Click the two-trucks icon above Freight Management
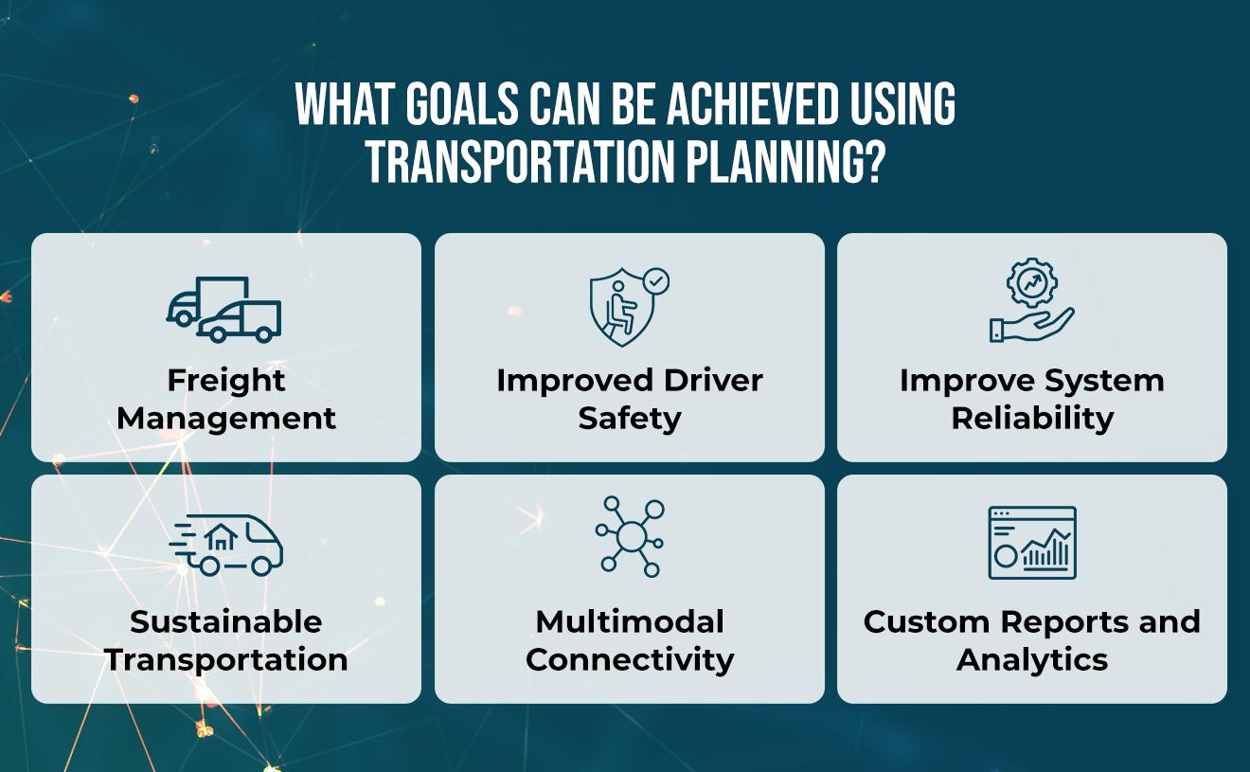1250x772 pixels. (x=224, y=310)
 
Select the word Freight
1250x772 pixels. (x=226, y=381)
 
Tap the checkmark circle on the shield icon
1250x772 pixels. (x=655, y=281)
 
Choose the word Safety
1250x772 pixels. (x=630, y=419)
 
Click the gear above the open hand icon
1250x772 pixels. (x=1032, y=282)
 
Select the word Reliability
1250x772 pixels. (x=1032, y=419)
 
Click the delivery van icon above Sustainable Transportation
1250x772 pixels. (x=226, y=545)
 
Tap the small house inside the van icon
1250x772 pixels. (x=221, y=539)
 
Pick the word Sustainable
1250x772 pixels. (x=226, y=622)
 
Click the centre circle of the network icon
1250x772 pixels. (x=630, y=537)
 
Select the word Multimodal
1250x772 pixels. (x=630, y=622)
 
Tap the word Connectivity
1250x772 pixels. (x=630, y=660)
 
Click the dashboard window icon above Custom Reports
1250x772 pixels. (x=1032, y=542)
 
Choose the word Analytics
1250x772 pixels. (x=1032, y=660)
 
